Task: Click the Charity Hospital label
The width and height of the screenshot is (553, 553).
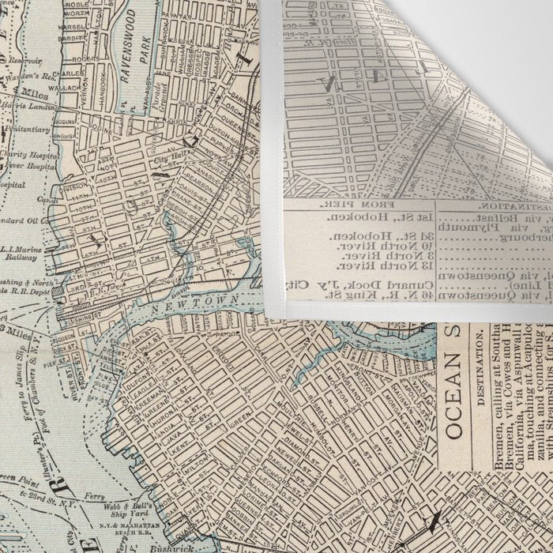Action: pyautogui.click(x=24, y=155)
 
